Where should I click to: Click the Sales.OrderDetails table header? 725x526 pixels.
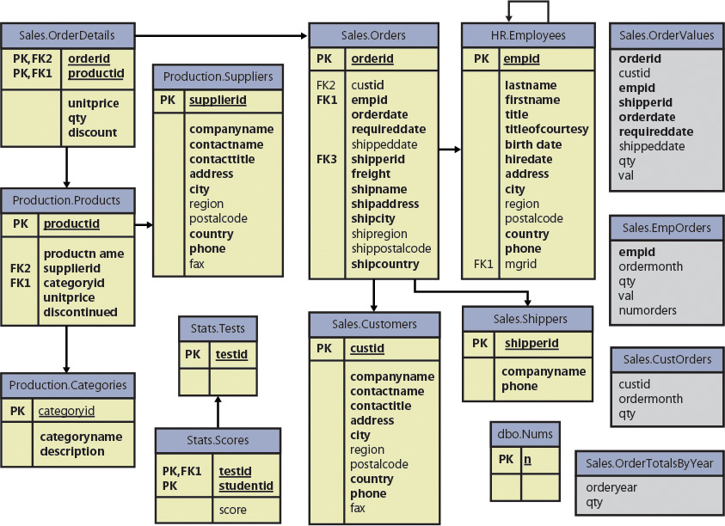[66, 35]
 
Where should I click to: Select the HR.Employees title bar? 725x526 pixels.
[526, 35]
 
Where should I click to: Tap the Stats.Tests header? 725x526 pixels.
[217, 328]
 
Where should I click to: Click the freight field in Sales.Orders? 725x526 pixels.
[371, 174]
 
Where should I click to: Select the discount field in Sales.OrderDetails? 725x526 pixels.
[92, 132]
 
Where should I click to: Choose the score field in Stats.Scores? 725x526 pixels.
[232, 510]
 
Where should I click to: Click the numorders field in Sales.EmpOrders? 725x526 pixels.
[648, 310]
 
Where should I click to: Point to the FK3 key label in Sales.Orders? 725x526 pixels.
[327, 159]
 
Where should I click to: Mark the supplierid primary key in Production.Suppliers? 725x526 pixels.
[218, 101]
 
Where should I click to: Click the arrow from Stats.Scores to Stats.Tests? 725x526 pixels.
[217, 411]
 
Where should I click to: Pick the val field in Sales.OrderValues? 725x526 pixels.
[626, 175]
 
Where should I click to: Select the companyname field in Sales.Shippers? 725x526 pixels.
[544, 371]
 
